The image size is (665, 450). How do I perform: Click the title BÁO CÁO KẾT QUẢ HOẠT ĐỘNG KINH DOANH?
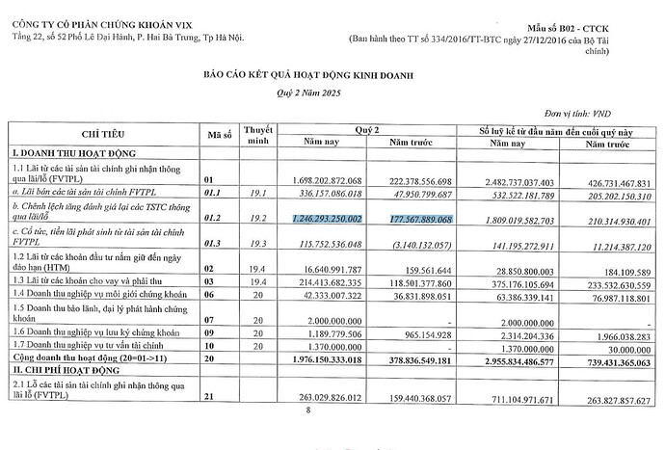tap(332, 73)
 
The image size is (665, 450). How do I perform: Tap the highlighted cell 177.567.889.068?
tap(436, 220)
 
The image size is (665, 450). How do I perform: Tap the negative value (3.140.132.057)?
tap(444, 244)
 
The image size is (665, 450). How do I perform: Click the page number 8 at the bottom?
tap(308, 410)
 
